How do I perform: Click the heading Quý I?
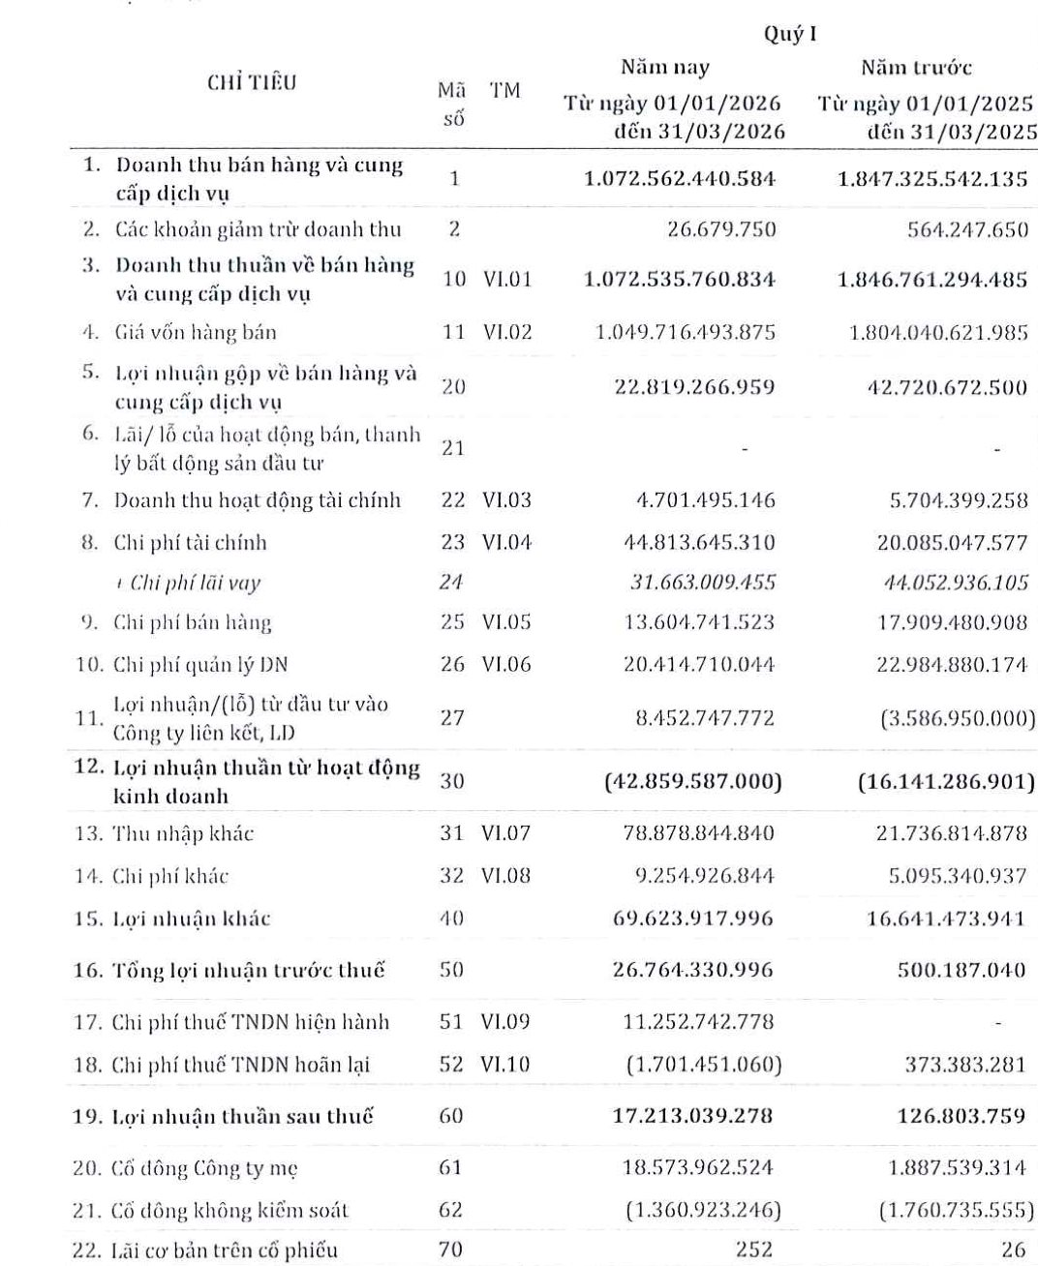[x=790, y=34]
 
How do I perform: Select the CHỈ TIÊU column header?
[x=251, y=83]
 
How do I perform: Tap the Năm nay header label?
[x=665, y=68]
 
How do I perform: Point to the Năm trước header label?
[x=916, y=68]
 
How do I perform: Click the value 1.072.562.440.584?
[x=680, y=179]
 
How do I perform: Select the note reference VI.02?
[x=507, y=332]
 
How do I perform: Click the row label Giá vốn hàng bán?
[x=195, y=333]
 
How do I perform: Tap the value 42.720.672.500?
[x=947, y=387]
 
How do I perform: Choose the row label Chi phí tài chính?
[x=190, y=543]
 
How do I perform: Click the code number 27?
[x=452, y=717]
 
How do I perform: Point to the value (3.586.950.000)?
[x=957, y=718]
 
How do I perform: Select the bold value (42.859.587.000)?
[x=692, y=781]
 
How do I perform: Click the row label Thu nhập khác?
[x=183, y=833]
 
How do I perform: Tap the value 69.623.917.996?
[x=693, y=918]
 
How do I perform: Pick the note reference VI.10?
[x=506, y=1065]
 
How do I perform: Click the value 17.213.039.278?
[x=692, y=1116]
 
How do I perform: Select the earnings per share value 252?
[x=754, y=1250]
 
